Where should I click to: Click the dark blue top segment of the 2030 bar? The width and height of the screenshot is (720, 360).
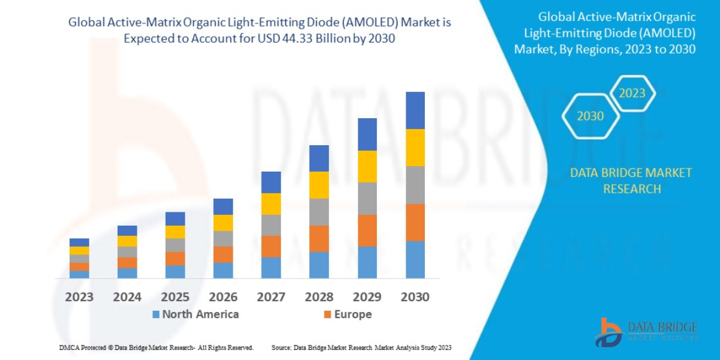415,110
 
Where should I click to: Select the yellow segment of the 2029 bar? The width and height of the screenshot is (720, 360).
367,166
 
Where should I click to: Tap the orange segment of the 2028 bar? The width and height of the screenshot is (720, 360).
319,238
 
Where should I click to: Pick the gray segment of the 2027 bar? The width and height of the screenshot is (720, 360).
271,225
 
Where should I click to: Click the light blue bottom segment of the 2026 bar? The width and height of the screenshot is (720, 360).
223,271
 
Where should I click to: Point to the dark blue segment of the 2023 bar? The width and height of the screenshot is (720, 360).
79,242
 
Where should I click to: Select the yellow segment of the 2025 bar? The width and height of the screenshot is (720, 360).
175,232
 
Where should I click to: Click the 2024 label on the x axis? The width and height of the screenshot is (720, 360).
127,297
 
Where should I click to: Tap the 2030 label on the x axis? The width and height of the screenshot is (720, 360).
415,297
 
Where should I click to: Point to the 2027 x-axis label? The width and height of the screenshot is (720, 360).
271,297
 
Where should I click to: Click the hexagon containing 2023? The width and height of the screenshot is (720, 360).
632,94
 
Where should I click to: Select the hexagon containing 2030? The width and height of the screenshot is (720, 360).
590,116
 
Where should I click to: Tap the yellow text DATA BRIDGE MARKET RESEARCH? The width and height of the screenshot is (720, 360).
631,181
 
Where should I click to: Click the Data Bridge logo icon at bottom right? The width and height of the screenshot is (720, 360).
608,332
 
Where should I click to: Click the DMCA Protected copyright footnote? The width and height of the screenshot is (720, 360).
156,347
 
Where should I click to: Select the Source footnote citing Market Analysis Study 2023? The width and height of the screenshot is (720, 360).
361,347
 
